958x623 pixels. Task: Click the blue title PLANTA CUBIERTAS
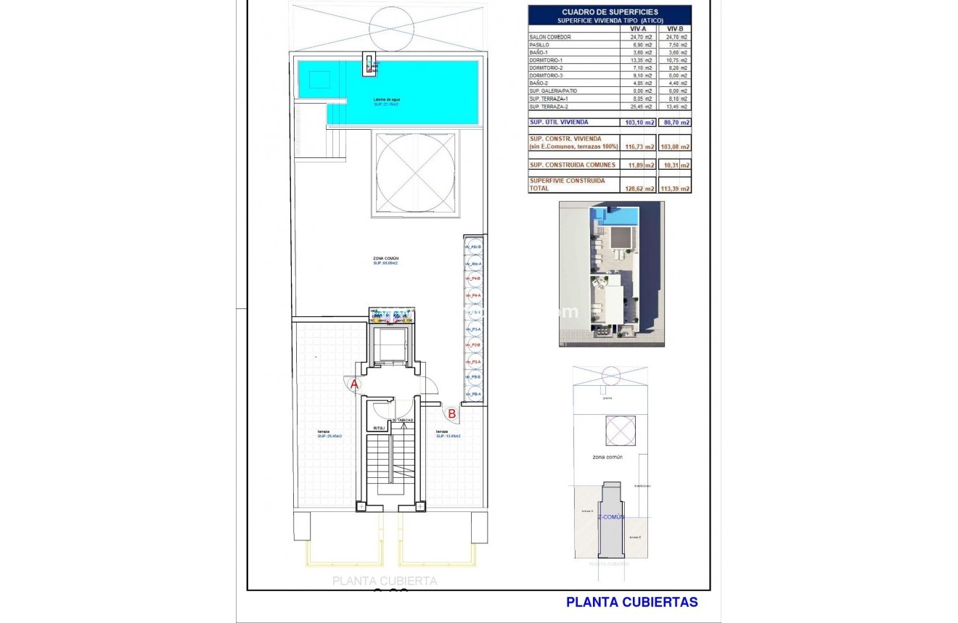[631, 602]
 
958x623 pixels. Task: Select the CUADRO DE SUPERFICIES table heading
[610, 12]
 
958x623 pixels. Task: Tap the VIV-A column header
[638, 29]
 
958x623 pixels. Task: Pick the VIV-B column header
[675, 29]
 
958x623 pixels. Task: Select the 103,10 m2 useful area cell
[638, 123]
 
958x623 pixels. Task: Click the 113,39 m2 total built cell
[675, 189]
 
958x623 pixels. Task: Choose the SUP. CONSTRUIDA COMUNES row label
[573, 165]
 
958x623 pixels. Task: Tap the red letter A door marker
[354, 384]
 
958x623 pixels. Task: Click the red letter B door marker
[451, 414]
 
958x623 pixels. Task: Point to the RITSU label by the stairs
[379, 428]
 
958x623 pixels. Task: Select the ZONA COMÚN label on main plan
[385, 259]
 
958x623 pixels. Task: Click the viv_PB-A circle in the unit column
[473, 394]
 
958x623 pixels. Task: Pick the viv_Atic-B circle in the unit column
[473, 247]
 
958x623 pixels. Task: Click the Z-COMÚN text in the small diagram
[611, 517]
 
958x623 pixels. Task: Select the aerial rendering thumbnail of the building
[611, 274]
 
